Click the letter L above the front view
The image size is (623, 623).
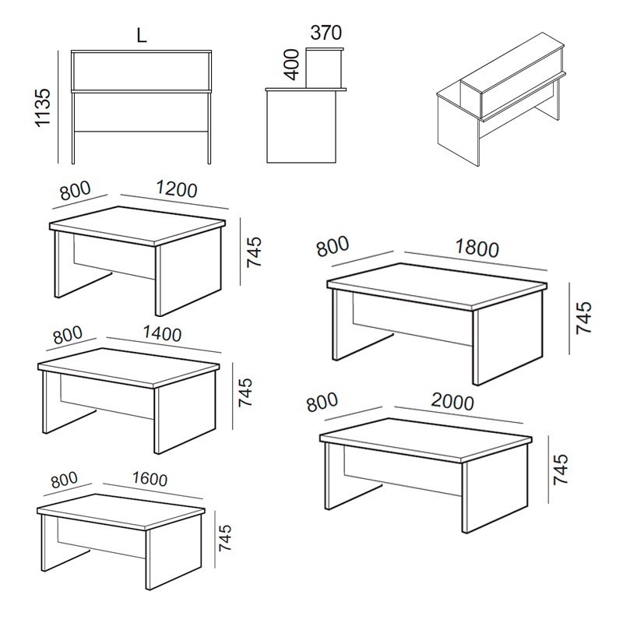tap(142, 35)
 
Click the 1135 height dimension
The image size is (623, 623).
tap(44, 107)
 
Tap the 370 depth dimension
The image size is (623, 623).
tap(326, 33)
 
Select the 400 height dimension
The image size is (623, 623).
tap(292, 65)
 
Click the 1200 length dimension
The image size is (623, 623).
tap(177, 189)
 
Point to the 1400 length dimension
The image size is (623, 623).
tap(162, 333)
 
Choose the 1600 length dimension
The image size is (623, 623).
tap(150, 479)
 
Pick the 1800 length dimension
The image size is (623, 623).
tap(477, 248)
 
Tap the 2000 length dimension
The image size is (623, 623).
tap(452, 402)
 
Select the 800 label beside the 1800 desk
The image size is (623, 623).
tap(333, 246)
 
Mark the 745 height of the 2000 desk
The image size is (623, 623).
tap(561, 469)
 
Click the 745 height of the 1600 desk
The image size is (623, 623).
tap(225, 537)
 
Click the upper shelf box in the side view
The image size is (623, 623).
tap(324, 68)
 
